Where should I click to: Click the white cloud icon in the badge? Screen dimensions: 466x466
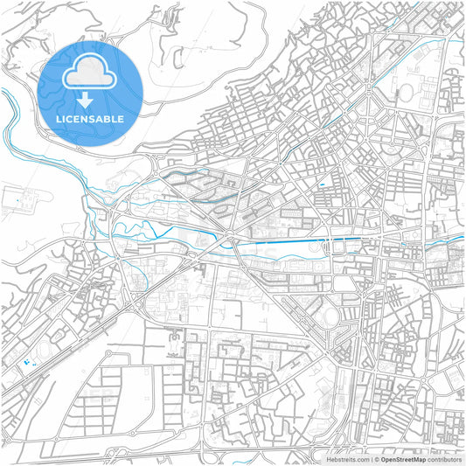[x=91, y=72]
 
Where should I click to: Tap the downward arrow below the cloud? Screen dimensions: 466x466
[x=91, y=99]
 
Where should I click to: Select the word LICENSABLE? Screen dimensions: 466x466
[x=91, y=119]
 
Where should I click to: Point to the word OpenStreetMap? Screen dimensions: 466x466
[x=402, y=458]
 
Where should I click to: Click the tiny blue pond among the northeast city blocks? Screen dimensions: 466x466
[x=323, y=184]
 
